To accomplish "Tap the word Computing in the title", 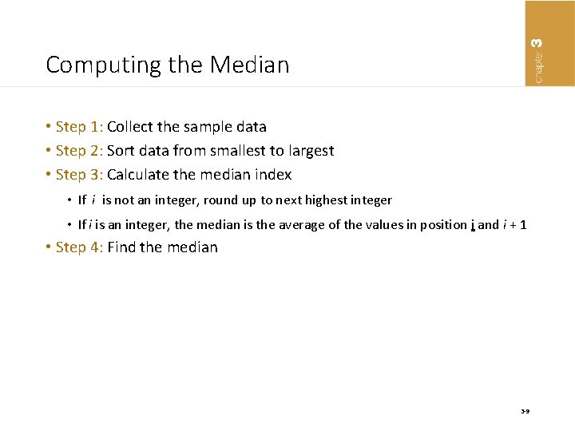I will coord(93,65).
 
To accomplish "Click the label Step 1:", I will coord(79,127).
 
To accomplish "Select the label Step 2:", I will coord(79,151).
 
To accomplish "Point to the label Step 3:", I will coord(79,175).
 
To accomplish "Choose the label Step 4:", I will coord(79,247).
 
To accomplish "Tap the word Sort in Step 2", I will coord(121,151).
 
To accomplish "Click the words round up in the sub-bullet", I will coord(231,200).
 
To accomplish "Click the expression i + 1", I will coord(514,225).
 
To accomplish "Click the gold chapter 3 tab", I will coord(549,42).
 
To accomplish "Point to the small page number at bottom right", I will coord(525,412).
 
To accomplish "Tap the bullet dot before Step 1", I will coord(49,127).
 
